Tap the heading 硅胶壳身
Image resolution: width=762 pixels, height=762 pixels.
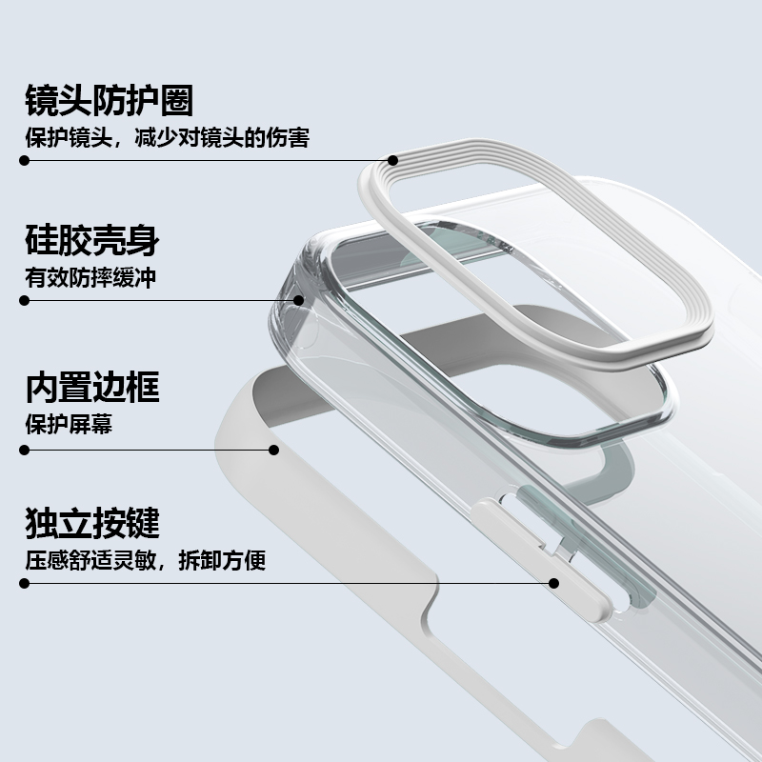click(x=91, y=240)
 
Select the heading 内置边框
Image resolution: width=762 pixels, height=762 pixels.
click(x=91, y=388)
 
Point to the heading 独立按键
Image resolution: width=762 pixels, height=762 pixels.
click(x=91, y=522)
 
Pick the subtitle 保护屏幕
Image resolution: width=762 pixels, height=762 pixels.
click(x=69, y=424)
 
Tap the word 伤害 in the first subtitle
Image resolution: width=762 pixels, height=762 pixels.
click(x=290, y=137)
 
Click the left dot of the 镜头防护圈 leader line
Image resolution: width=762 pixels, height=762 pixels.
click(x=25, y=160)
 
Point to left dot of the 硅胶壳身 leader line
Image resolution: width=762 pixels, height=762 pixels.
click(x=25, y=300)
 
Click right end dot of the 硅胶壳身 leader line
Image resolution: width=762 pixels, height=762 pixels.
click(x=298, y=300)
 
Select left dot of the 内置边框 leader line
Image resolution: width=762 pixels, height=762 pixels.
click(x=25, y=448)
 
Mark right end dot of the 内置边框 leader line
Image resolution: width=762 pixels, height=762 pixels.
click(x=273, y=448)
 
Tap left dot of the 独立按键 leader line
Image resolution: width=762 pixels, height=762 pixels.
click(x=25, y=582)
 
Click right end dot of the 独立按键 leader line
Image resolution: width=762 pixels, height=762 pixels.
click(x=552, y=582)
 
